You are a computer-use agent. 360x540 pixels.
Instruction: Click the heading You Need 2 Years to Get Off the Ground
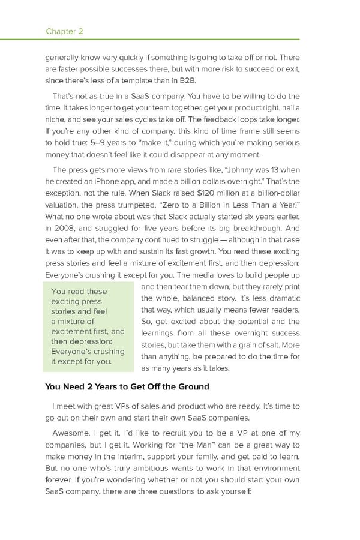coord(127,385)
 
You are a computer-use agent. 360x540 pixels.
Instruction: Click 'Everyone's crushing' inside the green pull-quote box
coord(88,351)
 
